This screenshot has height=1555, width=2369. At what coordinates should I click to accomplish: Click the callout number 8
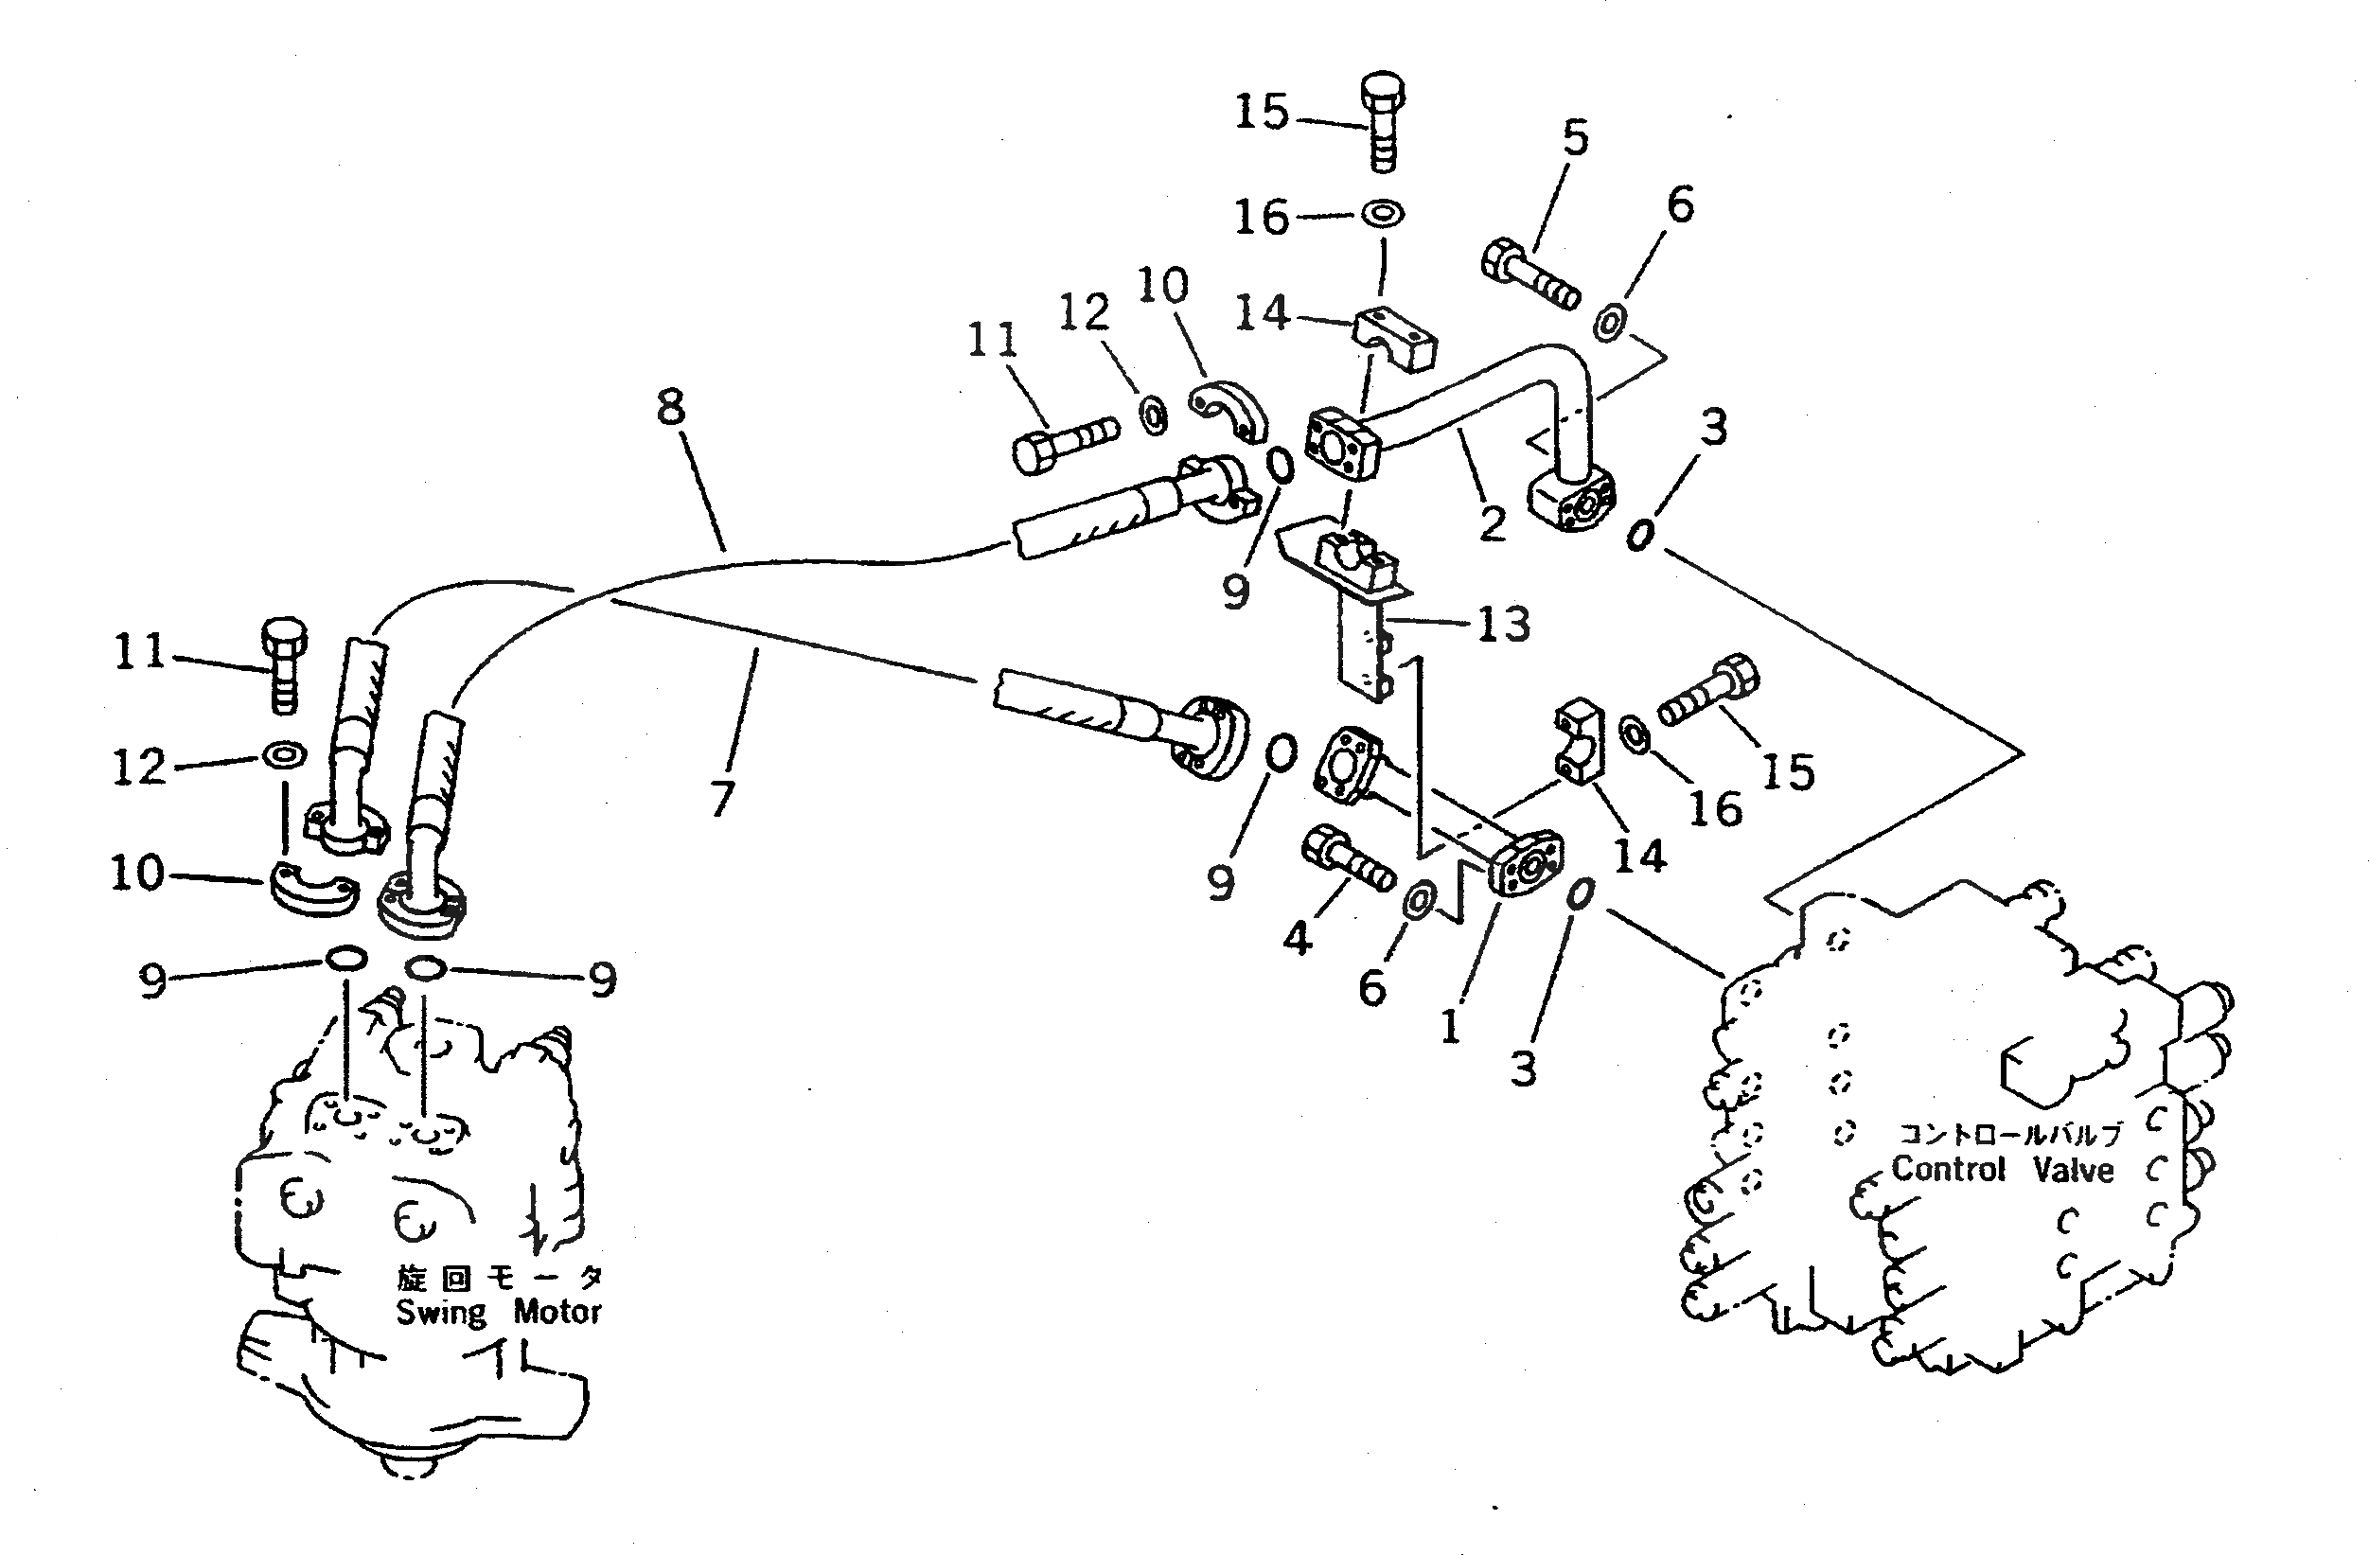(672, 407)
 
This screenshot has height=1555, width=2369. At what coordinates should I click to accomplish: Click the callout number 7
(724, 798)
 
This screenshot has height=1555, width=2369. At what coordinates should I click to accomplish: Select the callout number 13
(1503, 625)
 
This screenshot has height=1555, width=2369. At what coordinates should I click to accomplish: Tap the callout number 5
(1576, 137)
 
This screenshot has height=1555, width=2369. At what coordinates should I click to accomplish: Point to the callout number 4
(1296, 937)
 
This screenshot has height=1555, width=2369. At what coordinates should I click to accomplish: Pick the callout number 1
(1450, 1025)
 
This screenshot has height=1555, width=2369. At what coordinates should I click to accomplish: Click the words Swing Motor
(499, 1311)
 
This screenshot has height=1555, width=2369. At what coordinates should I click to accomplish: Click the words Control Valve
(2002, 1169)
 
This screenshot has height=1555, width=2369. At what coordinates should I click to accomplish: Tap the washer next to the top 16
(1383, 213)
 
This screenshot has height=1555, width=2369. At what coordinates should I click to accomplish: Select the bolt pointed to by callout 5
(1529, 272)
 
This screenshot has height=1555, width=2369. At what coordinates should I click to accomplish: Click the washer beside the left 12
(284, 754)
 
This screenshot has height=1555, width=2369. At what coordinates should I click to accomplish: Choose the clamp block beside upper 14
(1395, 342)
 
